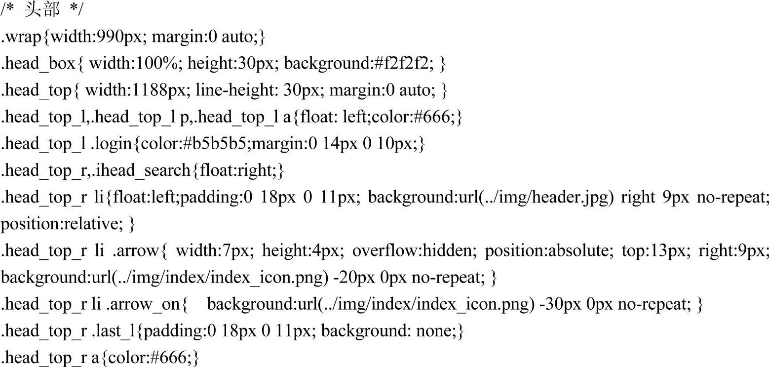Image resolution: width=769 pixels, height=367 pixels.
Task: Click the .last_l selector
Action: (114, 331)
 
